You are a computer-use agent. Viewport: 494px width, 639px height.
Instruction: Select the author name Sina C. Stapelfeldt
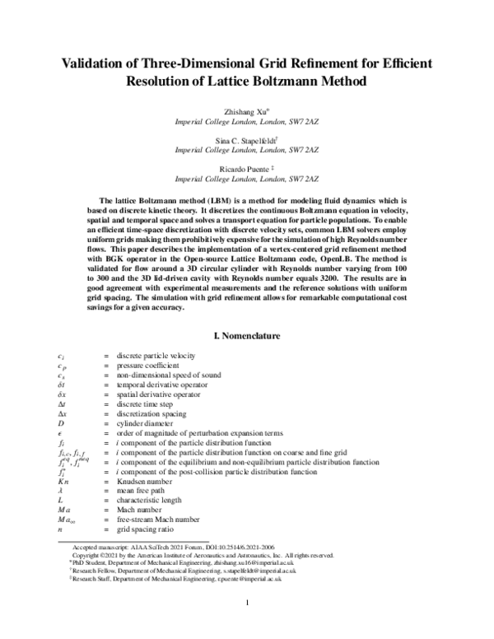tap(246, 142)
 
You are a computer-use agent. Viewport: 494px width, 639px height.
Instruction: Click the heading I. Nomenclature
tap(247, 337)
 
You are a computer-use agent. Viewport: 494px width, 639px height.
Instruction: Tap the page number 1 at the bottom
tap(247, 626)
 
